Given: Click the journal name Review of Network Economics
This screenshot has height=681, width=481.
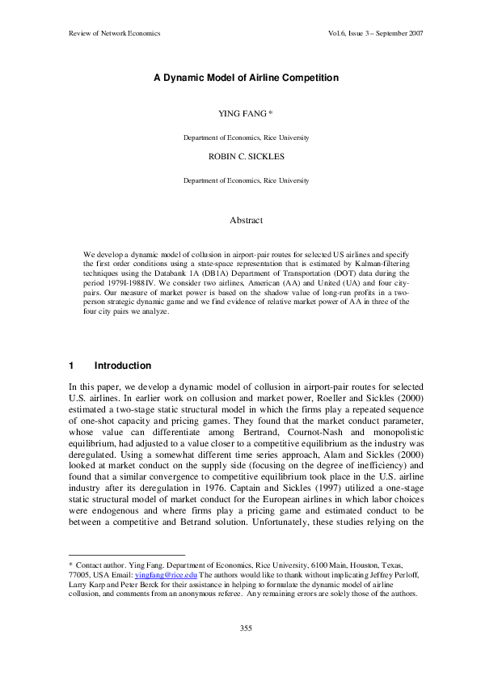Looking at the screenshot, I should point(110,33).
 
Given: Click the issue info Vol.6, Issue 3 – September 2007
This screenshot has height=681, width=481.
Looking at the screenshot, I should point(372,33).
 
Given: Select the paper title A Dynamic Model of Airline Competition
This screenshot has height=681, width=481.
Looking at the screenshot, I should point(246,78).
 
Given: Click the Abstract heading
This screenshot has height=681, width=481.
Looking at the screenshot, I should point(246,219).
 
